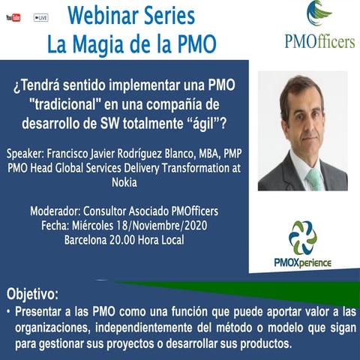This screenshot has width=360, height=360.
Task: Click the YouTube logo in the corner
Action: (x=12, y=17)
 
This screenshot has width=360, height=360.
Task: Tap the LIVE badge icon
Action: (x=40, y=17)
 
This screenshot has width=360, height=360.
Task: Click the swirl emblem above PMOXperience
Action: (x=303, y=238)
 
